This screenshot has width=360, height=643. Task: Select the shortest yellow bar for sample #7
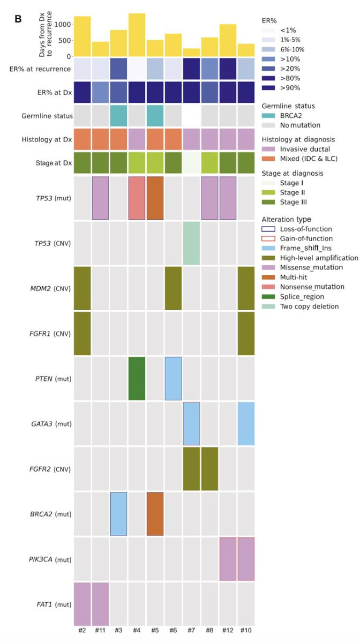tap(191, 53)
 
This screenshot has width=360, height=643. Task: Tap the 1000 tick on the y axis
tap(62, 24)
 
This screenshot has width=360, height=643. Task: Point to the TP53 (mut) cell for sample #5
tap(155, 198)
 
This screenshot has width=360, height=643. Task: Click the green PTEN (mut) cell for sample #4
tap(137, 378)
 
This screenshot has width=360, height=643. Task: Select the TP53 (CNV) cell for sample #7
tap(191, 243)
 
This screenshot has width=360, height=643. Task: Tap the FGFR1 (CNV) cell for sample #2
tap(82, 333)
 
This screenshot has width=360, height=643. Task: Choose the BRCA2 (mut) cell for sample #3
tap(118, 513)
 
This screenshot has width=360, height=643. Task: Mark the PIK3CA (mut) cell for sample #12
tap(228, 558)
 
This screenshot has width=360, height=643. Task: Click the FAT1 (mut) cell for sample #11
tap(100, 603)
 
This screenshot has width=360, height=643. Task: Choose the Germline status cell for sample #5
tap(155, 116)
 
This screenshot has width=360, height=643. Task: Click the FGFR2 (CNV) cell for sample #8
tap(209, 468)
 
